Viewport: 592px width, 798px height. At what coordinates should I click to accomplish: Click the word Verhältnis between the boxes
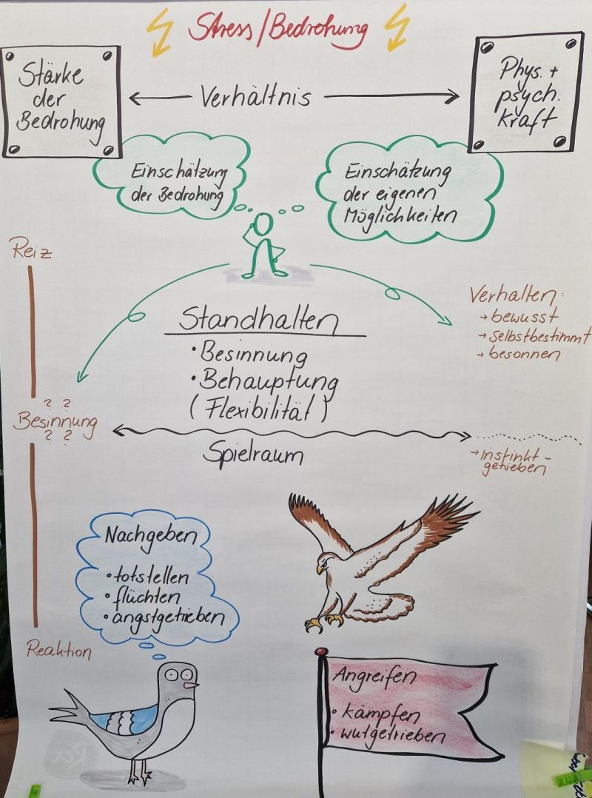click(255, 96)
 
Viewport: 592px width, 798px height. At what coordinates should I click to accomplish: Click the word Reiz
click(31, 251)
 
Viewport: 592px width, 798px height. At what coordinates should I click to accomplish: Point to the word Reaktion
click(58, 650)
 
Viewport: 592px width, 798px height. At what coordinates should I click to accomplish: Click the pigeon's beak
click(191, 685)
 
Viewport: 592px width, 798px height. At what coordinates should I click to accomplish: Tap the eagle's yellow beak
click(320, 569)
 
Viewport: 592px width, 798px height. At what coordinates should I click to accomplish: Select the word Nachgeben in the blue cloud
click(151, 536)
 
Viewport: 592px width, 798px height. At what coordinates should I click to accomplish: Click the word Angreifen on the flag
click(374, 677)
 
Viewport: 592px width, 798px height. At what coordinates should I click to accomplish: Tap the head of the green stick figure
click(263, 224)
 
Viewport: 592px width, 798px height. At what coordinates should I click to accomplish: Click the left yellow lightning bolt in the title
click(158, 32)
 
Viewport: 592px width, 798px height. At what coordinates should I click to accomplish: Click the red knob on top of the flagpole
click(320, 651)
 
